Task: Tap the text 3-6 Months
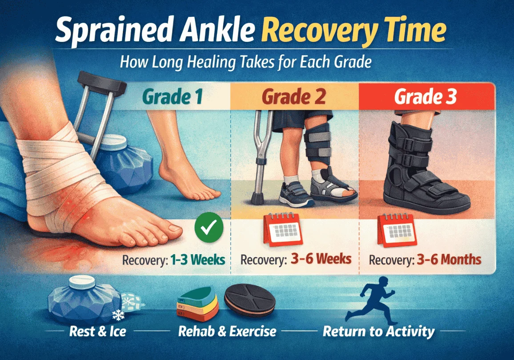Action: (x=448, y=259)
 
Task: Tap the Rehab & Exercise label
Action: (x=227, y=331)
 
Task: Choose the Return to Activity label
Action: (x=378, y=331)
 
